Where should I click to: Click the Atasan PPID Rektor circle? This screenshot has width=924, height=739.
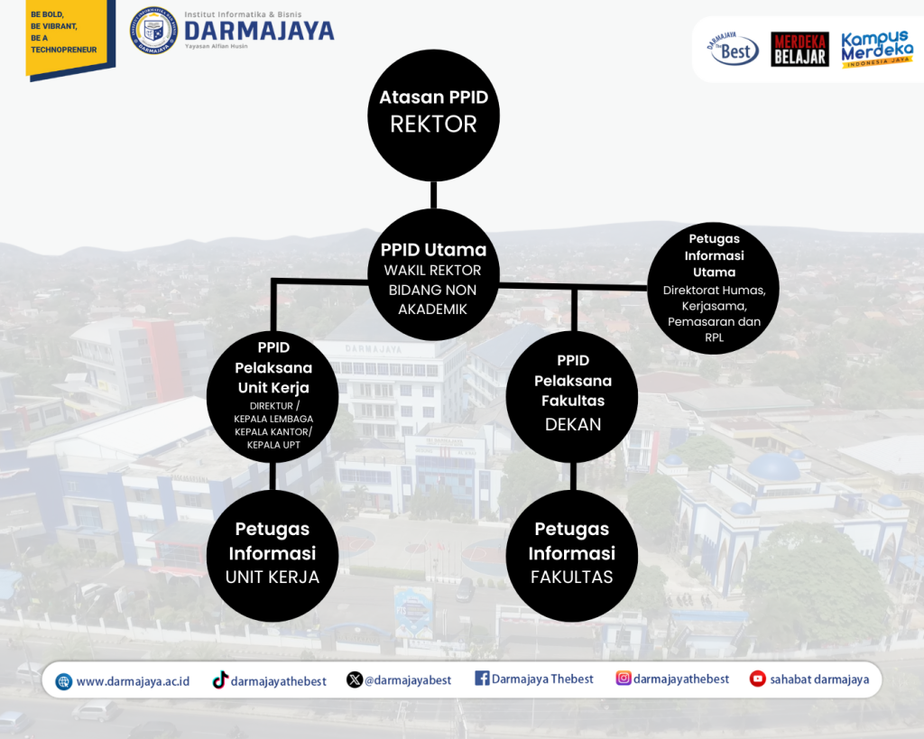point(433,115)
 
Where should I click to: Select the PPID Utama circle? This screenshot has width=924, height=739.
point(433,274)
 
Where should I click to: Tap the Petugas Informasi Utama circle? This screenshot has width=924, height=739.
point(713,288)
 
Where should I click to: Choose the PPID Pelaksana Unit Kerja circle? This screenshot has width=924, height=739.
point(273,397)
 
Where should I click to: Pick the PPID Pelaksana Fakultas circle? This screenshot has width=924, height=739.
point(571,397)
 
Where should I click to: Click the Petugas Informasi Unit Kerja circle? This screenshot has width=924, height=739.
point(273,556)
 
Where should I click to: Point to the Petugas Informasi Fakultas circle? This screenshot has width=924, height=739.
point(571,556)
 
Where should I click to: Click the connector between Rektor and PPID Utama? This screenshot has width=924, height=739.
point(433,195)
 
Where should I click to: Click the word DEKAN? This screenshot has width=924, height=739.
point(573,424)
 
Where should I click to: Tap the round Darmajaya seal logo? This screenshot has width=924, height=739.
point(153,31)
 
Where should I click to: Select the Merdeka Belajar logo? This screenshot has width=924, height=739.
point(799,49)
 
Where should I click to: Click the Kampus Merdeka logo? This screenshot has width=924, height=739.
point(877,49)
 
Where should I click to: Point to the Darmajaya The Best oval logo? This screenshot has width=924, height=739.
point(733,49)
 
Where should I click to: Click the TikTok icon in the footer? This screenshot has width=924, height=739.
point(220,680)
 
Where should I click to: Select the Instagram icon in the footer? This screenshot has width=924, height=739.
point(623,679)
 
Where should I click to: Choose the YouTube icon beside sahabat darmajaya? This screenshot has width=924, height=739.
point(757,679)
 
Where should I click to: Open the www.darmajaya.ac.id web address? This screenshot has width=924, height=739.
point(134,681)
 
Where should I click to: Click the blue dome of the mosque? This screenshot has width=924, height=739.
point(773,466)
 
